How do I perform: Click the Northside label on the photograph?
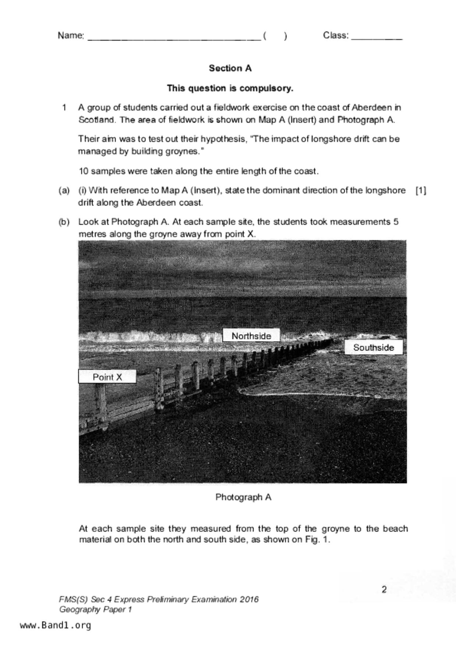point(251,336)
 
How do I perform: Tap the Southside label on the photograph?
point(373,347)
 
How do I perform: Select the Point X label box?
point(107,377)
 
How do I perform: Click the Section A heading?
point(230,68)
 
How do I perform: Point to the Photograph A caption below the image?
point(243,497)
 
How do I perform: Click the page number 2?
point(384,590)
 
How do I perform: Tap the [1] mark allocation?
point(421,190)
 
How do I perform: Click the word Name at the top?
point(70,35)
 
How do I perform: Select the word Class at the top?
point(335,35)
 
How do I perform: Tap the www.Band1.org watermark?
point(55,625)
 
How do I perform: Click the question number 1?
point(64,108)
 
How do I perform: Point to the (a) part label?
point(64,190)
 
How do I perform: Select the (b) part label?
point(64,222)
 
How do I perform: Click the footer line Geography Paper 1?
point(95,610)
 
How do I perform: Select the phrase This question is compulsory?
point(230,88)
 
